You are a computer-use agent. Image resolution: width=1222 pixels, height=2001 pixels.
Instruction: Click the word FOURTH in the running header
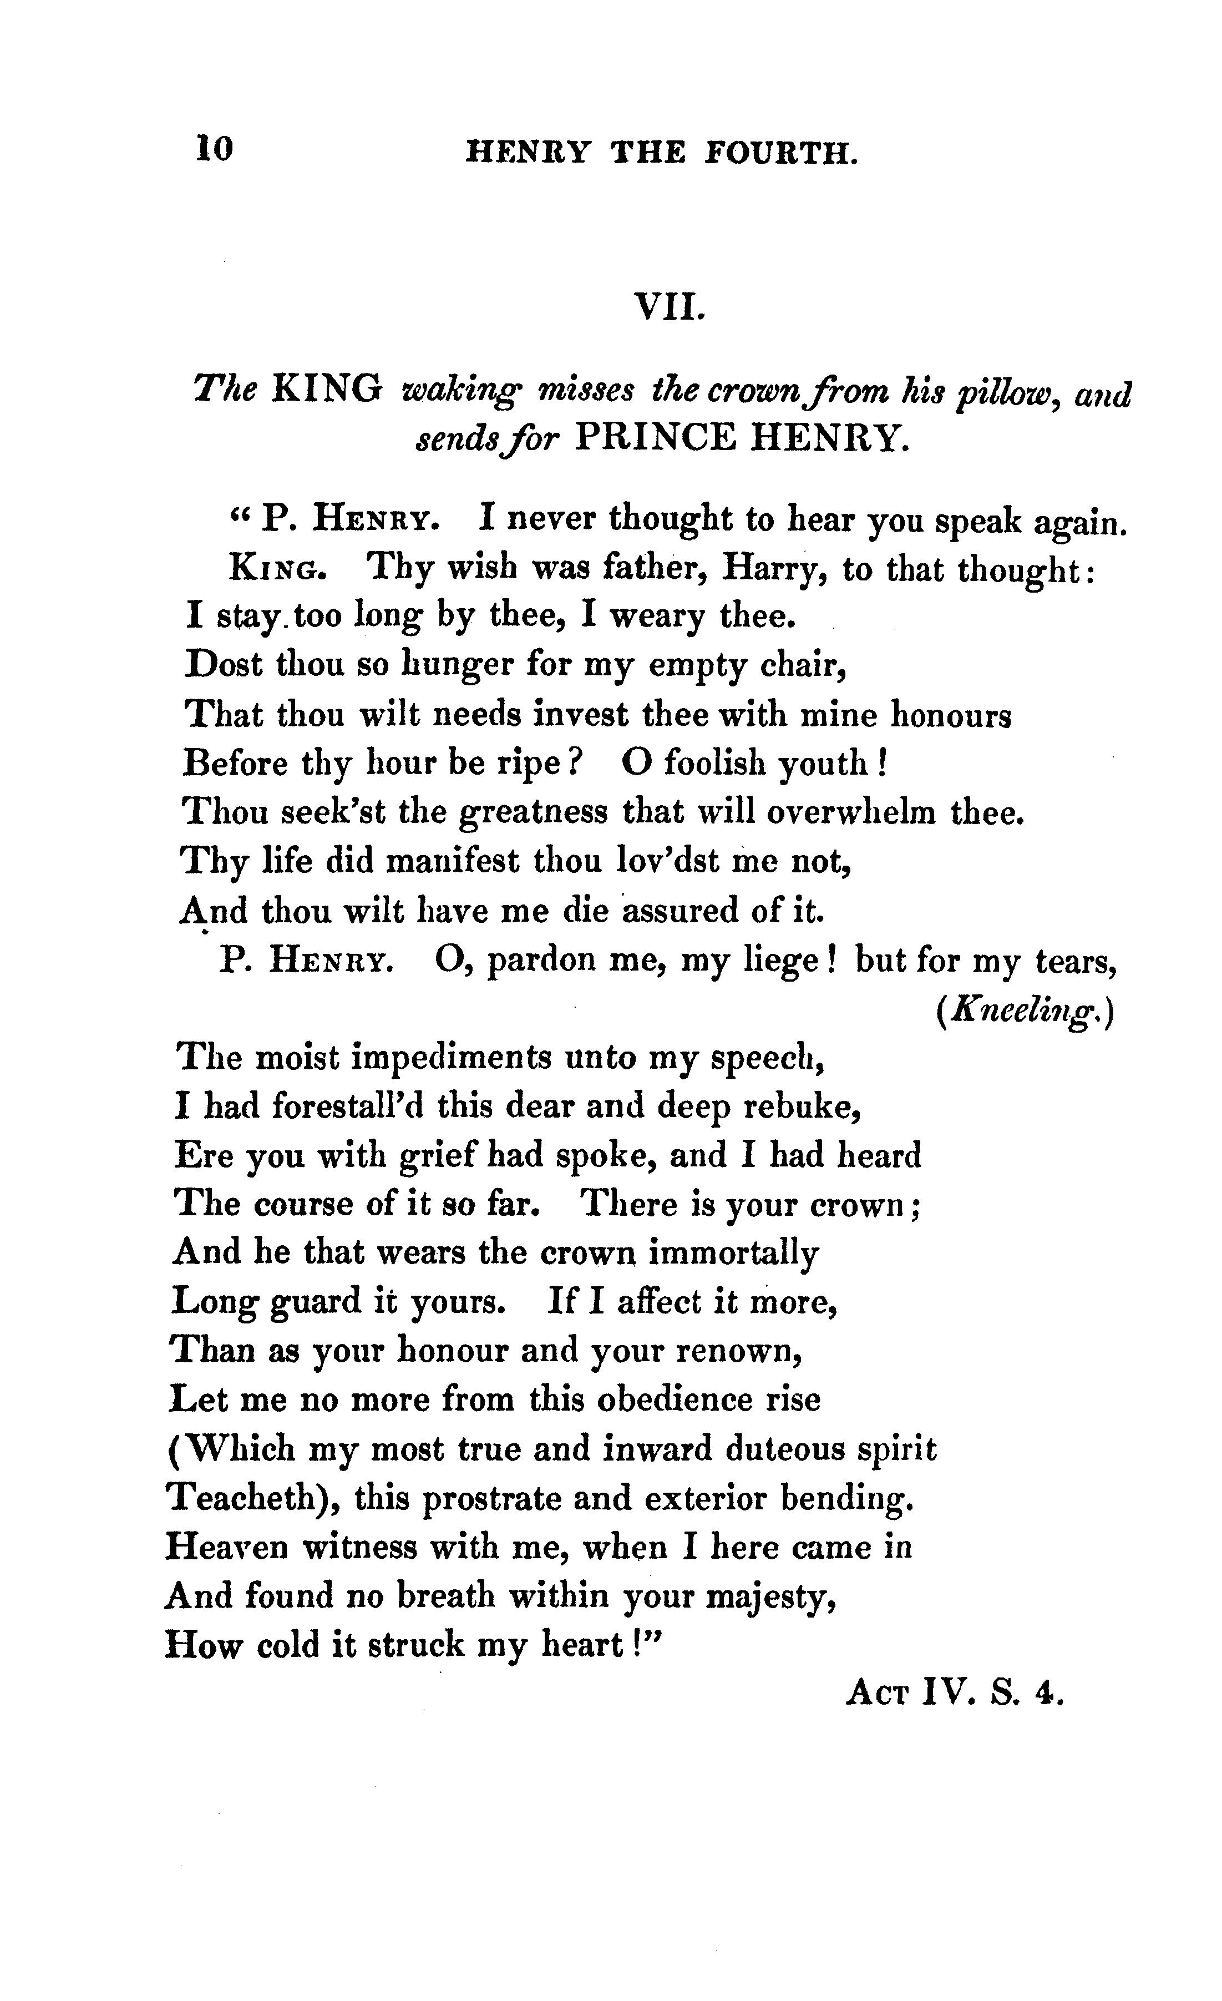780,153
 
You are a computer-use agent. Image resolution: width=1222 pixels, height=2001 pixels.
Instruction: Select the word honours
950,715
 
